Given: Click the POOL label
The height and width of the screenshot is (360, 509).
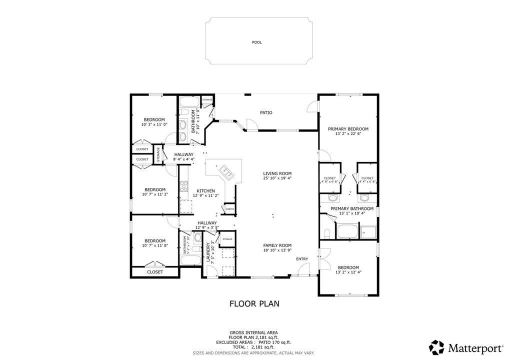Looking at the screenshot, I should point(256,42).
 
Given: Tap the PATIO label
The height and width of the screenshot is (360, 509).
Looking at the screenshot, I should point(266,112).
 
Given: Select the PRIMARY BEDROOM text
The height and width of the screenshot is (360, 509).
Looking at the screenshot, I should point(348,129).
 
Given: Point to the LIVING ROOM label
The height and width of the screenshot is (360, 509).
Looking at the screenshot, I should point(277,173).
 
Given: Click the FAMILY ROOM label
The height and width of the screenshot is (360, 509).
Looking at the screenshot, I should point(277,245).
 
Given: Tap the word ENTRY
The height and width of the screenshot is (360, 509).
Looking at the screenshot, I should point(302,258).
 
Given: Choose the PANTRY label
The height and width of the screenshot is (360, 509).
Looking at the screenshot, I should point(230,208).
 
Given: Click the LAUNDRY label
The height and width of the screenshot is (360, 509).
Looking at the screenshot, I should point(208,253).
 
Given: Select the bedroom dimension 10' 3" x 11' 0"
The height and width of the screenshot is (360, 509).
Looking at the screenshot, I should point(154,124).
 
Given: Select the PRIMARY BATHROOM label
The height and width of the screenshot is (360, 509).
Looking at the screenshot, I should point(352,208).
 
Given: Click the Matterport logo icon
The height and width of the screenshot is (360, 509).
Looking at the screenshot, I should point(436,346).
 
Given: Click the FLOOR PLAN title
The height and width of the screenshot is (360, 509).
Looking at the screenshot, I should point(254,303).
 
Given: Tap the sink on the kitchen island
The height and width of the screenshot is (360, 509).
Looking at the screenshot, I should point(226,172).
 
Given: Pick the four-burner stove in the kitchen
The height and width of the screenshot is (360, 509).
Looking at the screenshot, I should point(184,186).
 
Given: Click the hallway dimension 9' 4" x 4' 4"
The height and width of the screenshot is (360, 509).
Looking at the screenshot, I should point(183,159).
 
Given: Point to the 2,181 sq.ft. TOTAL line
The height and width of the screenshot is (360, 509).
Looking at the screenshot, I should point(254,347).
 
